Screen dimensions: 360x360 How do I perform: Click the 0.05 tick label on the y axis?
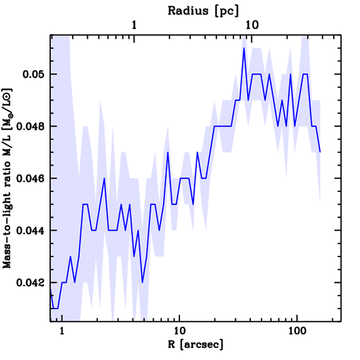[x=34, y=75]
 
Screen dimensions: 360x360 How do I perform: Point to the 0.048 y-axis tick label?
[x=31, y=127]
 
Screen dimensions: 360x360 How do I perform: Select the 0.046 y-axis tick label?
[x=31, y=179]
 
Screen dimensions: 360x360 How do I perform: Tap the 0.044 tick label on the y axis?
[x=31, y=231]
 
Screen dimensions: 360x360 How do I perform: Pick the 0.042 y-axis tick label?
[x=31, y=283]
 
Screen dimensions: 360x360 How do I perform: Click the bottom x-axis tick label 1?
[x=62, y=331]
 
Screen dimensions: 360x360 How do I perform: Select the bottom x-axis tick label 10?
[x=179, y=331]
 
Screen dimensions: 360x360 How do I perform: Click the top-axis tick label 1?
[x=134, y=25]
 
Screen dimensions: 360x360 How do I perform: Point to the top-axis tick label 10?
[x=252, y=25]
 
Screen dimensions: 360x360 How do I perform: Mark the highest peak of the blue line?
[x=244, y=48]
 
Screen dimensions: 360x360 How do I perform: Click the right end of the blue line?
[x=320, y=152]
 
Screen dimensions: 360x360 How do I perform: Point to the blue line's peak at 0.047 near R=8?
[x=168, y=153]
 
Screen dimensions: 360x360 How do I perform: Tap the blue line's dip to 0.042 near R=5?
[x=142, y=282]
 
